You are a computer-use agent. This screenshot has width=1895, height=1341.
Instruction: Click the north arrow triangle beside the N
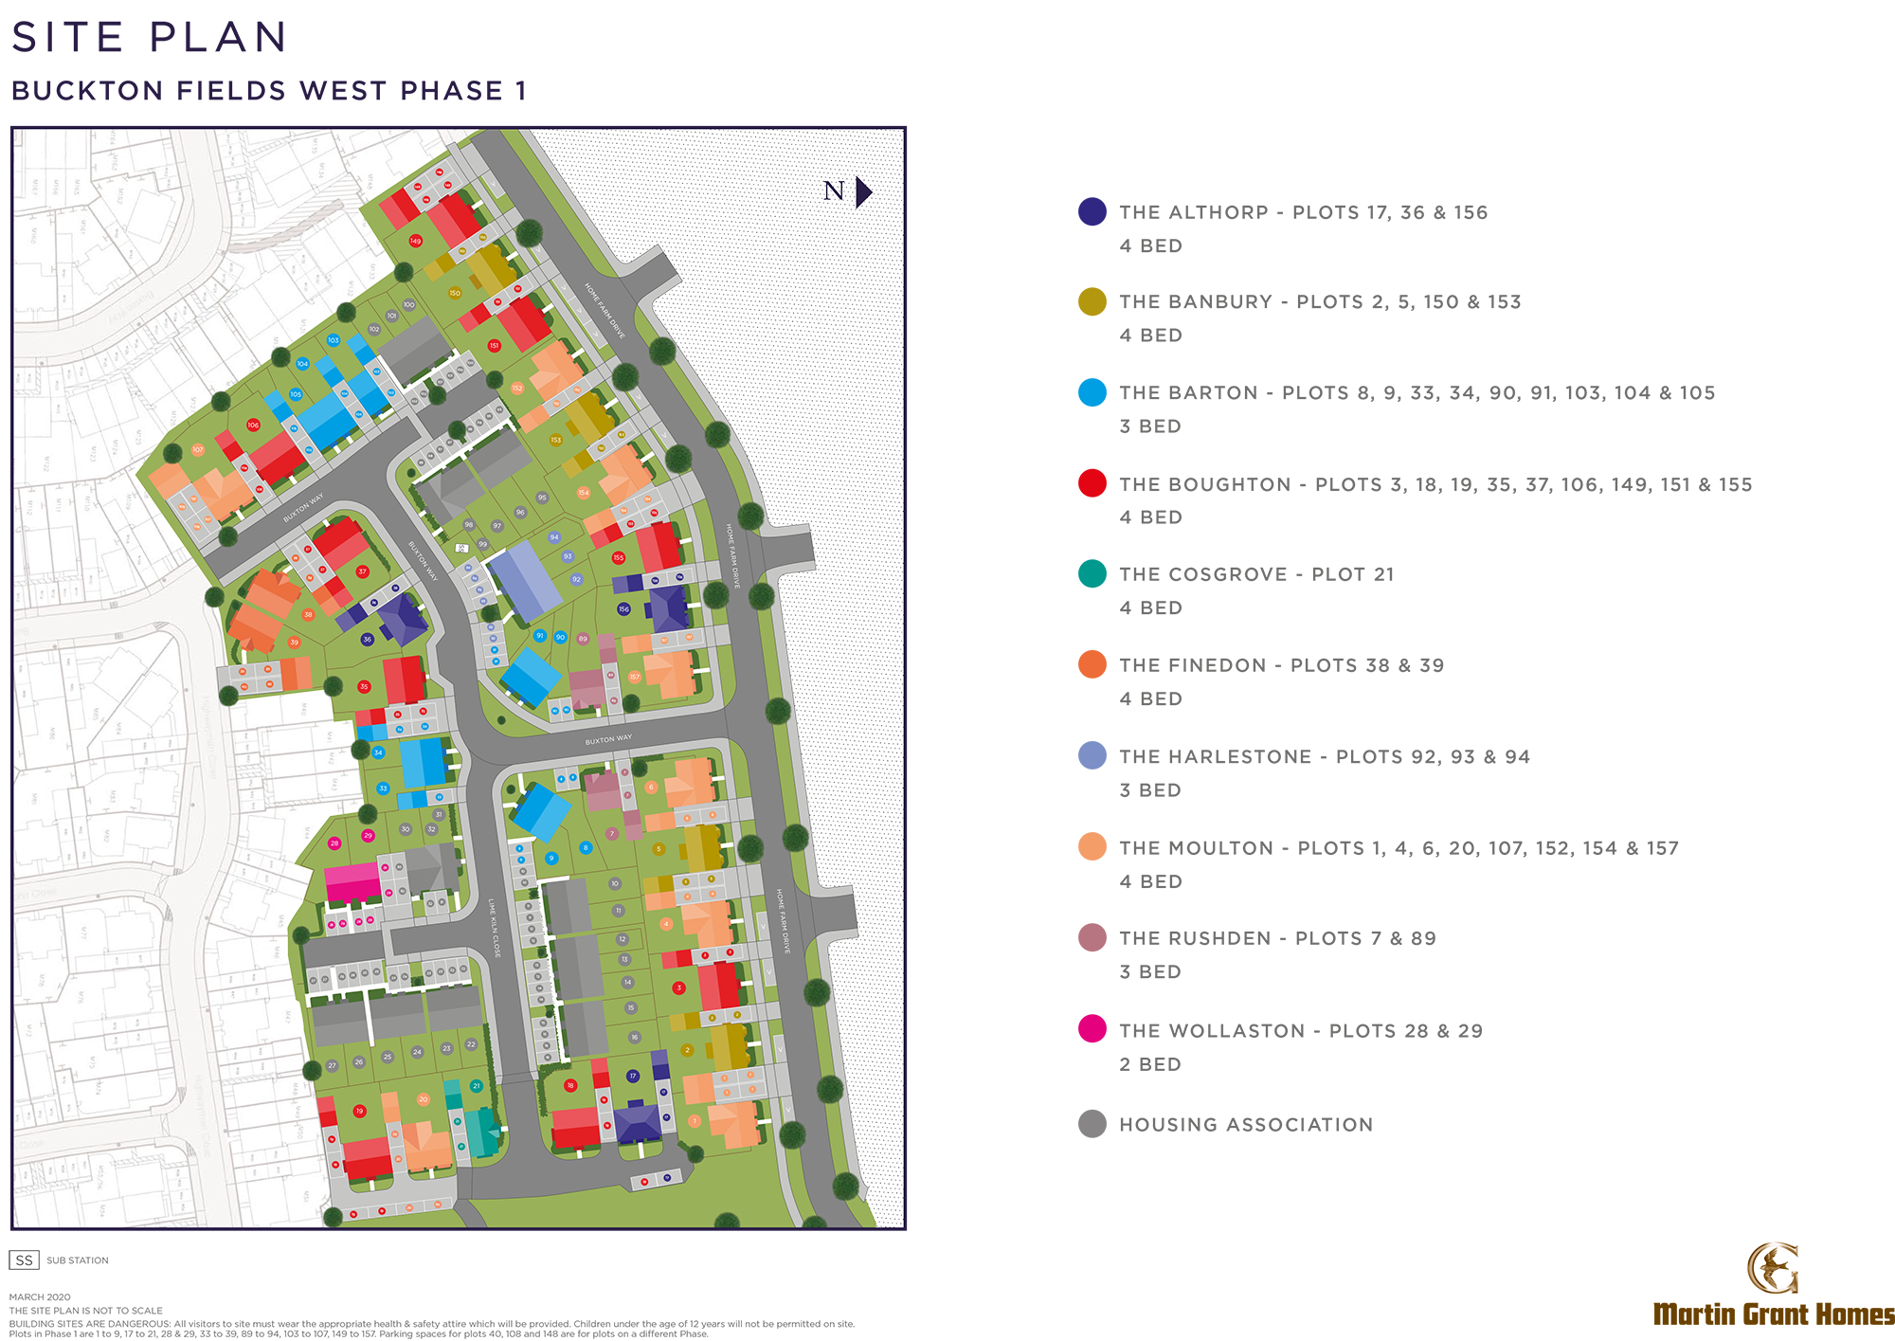[862, 191]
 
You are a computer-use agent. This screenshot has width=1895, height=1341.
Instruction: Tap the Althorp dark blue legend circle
[1092, 211]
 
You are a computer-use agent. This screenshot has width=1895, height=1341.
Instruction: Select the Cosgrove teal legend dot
[1092, 573]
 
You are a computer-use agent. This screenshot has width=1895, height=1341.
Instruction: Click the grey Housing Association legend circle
[1092, 1124]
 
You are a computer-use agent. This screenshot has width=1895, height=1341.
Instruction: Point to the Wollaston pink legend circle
[1092, 1029]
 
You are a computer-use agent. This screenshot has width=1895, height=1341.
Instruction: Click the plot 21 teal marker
[477, 1086]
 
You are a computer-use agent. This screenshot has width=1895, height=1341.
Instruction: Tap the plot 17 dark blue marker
[633, 1076]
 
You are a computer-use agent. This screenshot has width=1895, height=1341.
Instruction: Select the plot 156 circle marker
[623, 609]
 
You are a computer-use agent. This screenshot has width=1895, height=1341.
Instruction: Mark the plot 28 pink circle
[334, 843]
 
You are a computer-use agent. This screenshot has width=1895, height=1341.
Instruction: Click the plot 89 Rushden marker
[583, 639]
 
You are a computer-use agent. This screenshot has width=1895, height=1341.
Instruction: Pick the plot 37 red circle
[362, 571]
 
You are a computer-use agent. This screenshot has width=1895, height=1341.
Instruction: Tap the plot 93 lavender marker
[568, 557]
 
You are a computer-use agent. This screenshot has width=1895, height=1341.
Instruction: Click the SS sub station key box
[24, 1259]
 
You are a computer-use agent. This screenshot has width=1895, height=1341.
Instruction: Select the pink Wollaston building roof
[352, 880]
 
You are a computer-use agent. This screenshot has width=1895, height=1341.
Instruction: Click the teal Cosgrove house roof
[480, 1132]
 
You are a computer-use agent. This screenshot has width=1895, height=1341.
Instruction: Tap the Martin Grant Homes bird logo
[1772, 1268]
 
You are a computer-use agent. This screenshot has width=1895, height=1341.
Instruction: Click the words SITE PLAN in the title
[150, 38]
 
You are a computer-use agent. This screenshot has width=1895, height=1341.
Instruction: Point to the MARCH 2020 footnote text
[40, 1296]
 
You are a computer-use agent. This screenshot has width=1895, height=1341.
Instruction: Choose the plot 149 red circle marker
[415, 241]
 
